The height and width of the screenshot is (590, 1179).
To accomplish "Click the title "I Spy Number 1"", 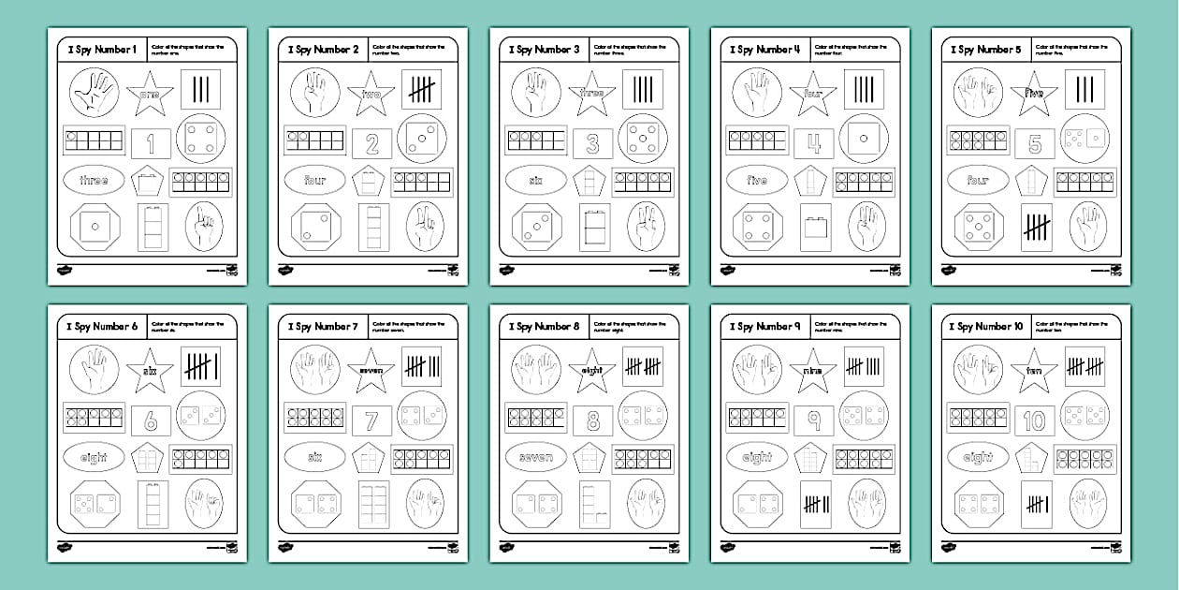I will pyautogui.click(x=97, y=50).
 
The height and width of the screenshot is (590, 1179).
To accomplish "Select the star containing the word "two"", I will pyautogui.click(x=371, y=94).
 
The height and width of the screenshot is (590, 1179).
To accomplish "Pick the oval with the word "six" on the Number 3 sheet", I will pyautogui.click(x=536, y=180).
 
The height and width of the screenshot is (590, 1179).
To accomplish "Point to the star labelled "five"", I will pyautogui.click(x=1034, y=94).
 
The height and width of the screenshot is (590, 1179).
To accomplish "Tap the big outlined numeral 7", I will pyautogui.click(x=371, y=420).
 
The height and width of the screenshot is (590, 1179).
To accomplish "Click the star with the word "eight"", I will pyautogui.click(x=592, y=371).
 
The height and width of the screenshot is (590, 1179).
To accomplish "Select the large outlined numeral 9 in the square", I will pyautogui.click(x=813, y=420).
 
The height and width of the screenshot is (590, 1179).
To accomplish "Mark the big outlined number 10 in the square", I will pyautogui.click(x=1034, y=420).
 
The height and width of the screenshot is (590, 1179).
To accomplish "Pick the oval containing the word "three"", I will pyautogui.click(x=94, y=180).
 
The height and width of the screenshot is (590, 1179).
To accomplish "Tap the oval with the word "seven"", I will pyautogui.click(x=536, y=457).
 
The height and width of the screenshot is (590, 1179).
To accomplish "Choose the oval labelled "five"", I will pyautogui.click(x=757, y=180).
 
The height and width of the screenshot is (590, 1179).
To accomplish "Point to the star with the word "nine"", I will pyautogui.click(x=813, y=371).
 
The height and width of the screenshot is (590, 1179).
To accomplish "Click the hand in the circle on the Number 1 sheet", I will pyautogui.click(x=94, y=93).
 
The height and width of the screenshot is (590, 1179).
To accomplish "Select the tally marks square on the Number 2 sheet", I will pyautogui.click(x=421, y=90).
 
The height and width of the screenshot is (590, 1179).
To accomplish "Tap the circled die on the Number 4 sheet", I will pyautogui.click(x=863, y=138).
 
